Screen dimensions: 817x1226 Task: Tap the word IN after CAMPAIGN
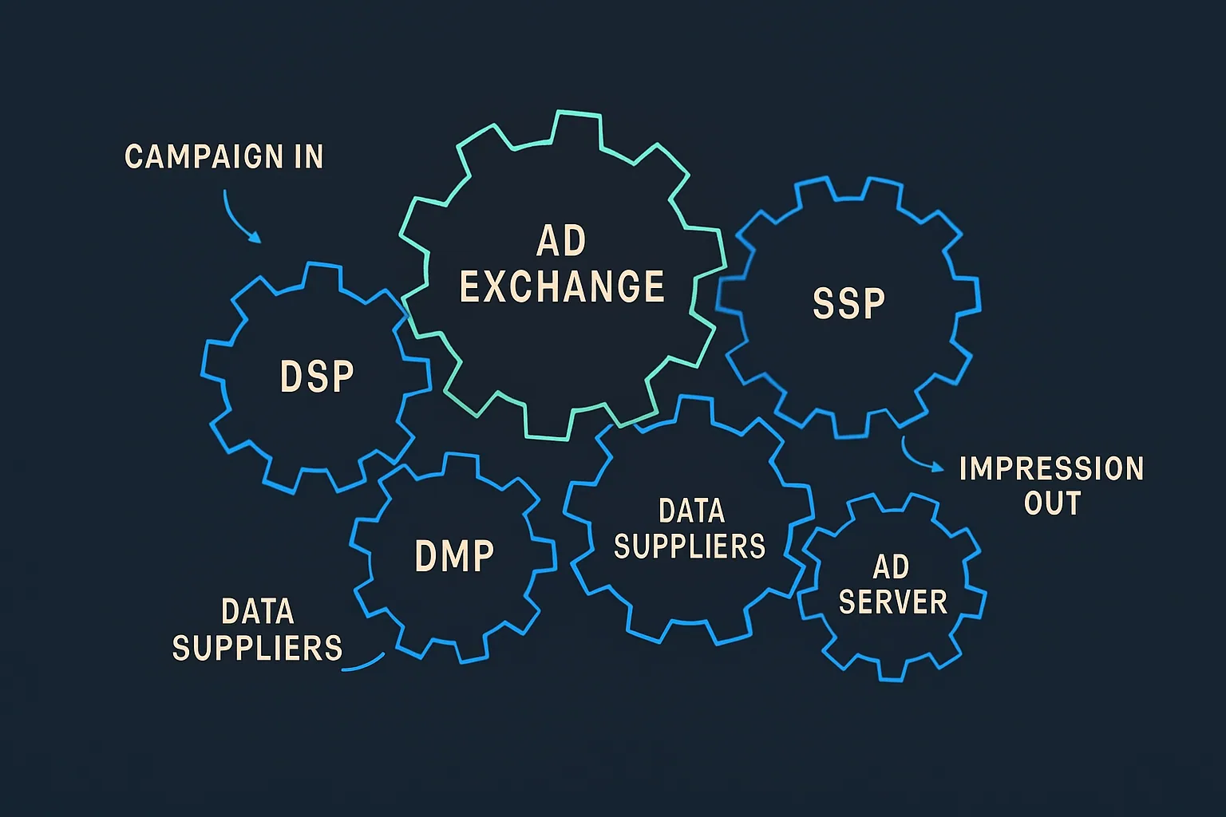(x=307, y=156)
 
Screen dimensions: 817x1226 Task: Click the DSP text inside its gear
(x=317, y=377)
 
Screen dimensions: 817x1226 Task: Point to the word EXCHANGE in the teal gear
(x=562, y=287)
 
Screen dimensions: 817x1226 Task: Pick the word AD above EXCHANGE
(x=562, y=241)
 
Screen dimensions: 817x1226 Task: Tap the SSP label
(x=849, y=303)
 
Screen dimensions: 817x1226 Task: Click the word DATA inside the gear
(x=691, y=511)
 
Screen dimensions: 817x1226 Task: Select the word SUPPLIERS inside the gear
(x=690, y=547)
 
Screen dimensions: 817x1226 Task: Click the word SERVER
(x=892, y=602)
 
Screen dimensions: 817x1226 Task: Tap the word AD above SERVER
(x=891, y=567)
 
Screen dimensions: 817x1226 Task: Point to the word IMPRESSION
(x=1051, y=469)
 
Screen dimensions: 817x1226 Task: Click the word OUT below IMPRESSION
(x=1052, y=503)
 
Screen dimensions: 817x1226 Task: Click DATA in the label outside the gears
(x=258, y=612)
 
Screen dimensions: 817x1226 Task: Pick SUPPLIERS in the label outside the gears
(x=257, y=648)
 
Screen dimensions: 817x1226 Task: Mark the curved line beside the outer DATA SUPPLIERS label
(x=364, y=664)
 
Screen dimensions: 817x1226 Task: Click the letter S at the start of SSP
(x=823, y=303)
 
